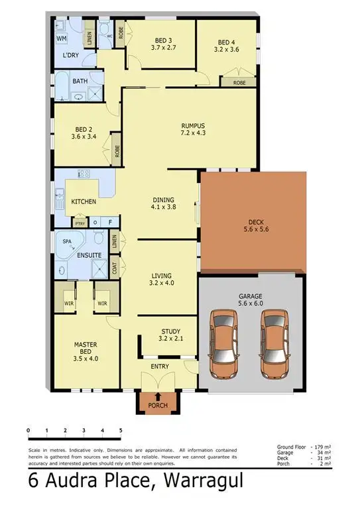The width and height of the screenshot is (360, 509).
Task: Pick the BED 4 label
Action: pyautogui.click(x=225, y=40)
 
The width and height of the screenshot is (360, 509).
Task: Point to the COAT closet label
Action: pyautogui.click(x=115, y=268)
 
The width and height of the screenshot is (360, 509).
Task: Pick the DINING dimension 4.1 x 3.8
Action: pyautogui.click(x=163, y=207)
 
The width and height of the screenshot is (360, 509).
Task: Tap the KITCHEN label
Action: pyautogui.click(x=84, y=201)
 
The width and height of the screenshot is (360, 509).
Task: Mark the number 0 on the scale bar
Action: pyautogui.click(x=29, y=431)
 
